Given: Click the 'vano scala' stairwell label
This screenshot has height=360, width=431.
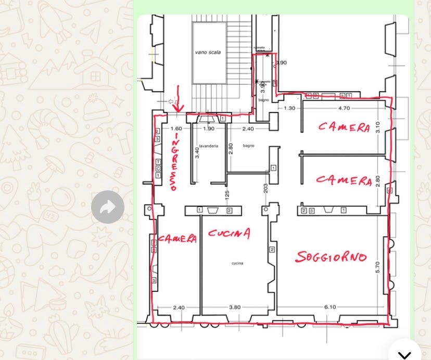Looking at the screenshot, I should tap(208, 53).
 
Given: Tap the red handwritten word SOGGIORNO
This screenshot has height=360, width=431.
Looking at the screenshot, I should tap(331, 256).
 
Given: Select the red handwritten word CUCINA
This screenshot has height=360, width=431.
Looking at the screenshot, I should tap(229, 234).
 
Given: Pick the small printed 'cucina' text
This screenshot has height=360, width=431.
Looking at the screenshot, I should tap(237, 264).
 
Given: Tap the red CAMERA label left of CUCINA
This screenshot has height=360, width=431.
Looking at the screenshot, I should tap(178, 239).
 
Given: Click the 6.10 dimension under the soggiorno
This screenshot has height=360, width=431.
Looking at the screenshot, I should tap(330, 307).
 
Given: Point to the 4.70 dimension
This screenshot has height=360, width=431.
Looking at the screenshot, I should tap(344, 108).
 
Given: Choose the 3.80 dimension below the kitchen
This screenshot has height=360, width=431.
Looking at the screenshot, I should tap(234, 307).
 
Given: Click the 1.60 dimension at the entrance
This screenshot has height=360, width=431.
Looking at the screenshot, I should tap(176, 128).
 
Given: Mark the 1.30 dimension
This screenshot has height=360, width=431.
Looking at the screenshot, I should tap(289, 108).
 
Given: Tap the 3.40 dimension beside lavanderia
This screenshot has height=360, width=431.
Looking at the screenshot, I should tap(196, 153).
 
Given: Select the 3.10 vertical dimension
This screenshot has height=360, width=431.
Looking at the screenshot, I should tap(378, 126).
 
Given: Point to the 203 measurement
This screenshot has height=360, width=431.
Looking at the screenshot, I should tap(265, 189).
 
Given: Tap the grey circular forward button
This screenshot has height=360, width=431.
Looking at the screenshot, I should tap(108, 207).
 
